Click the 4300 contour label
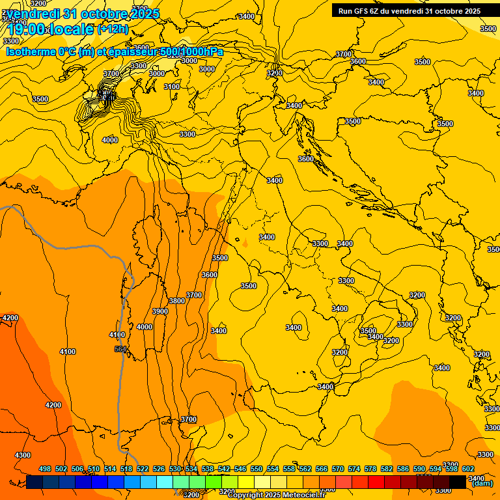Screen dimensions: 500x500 point(22,455)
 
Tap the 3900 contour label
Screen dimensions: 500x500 point(160,311)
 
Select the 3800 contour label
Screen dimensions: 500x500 point(176,301)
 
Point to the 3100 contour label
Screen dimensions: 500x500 point(172,87)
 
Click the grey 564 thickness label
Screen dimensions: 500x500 point(120,350)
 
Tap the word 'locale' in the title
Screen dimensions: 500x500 point(71,29)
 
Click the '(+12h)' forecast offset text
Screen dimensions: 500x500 point(113,29)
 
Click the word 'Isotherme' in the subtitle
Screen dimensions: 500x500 point(31,51)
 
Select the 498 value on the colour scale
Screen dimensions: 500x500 point(45,469)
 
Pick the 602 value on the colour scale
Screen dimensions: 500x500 point(468,469)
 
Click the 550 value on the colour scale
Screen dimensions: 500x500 point(257,469)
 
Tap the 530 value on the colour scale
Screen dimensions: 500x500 point(175,469)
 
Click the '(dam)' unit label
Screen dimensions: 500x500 point(482,483)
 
